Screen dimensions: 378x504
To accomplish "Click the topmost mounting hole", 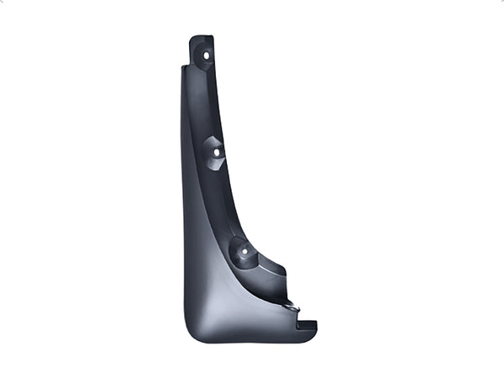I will coord(206,55).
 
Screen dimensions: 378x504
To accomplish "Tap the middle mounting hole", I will coord(215,153).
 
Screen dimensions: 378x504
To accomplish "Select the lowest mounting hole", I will coord(244,250).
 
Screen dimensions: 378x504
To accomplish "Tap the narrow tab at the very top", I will coord(202,42).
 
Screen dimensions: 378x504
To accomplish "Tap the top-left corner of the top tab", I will coord(191,39).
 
